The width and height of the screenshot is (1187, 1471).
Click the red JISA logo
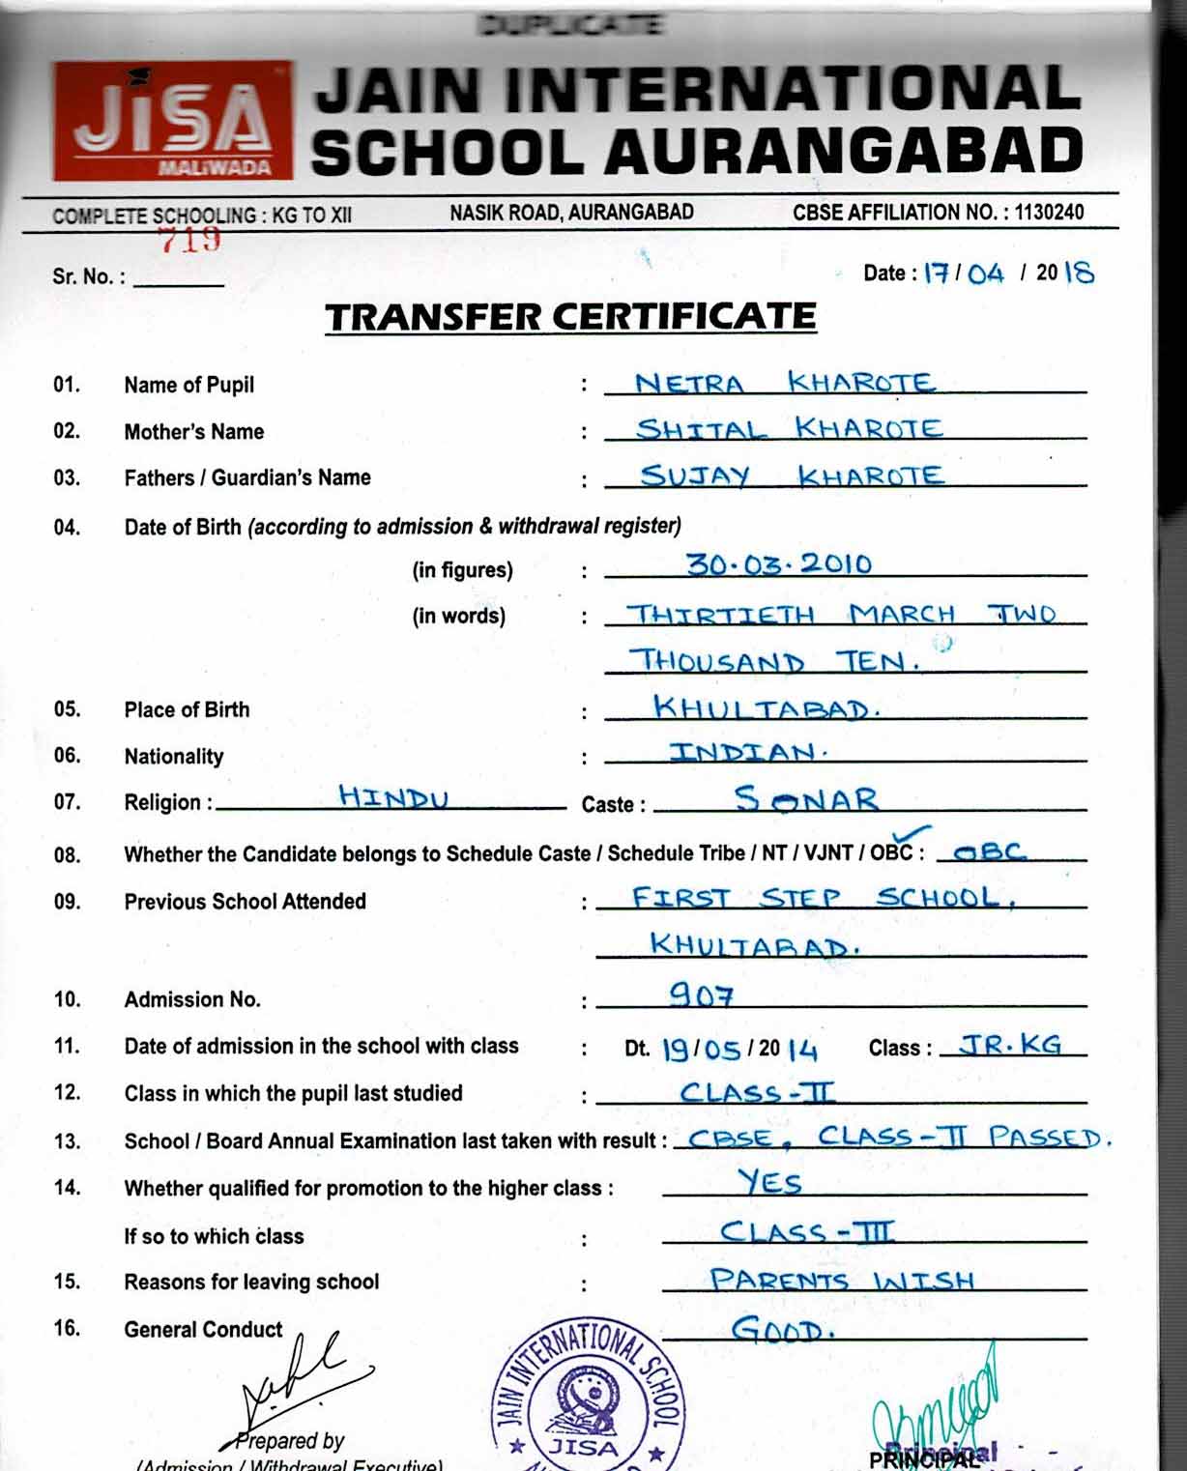click(172, 122)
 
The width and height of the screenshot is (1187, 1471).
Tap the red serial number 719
click(190, 240)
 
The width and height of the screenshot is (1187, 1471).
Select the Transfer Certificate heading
click(570, 317)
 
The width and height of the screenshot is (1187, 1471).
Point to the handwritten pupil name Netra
click(689, 384)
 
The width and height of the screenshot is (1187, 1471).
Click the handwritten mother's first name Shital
click(701, 429)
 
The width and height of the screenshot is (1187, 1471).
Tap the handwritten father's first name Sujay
click(695, 476)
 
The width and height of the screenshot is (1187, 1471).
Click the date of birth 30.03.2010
click(779, 563)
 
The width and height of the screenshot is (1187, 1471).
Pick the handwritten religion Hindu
click(393, 797)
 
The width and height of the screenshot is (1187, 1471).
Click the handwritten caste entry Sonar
click(806, 799)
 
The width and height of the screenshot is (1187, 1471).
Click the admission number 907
click(702, 995)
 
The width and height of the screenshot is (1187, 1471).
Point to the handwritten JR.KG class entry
click(1010, 1045)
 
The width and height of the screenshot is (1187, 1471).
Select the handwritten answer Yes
click(769, 1182)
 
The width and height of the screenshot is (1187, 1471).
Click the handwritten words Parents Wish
click(842, 1281)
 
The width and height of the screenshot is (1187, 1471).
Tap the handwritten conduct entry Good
click(782, 1331)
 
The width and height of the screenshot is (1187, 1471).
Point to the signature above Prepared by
click(295, 1377)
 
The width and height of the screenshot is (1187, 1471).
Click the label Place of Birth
click(187, 709)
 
